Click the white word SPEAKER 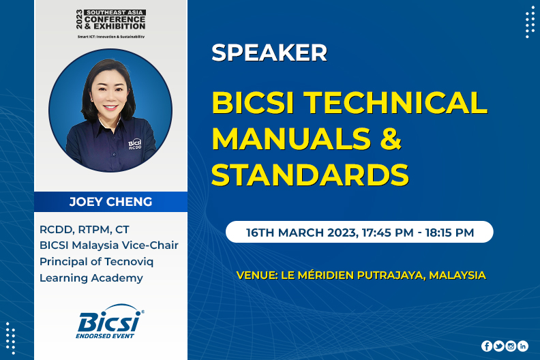pos(269,52)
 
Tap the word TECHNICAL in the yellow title pos(395,102)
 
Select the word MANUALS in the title pos(291,138)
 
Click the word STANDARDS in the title pos(310,175)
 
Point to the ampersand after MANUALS pos(391,138)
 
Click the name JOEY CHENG pos(110,202)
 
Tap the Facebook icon pos(487,346)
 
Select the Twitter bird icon pos(498,346)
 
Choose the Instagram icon pos(511,346)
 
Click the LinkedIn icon pos(523,346)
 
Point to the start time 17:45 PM pos(388,232)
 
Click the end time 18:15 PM pos(450,232)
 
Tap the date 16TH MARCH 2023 pos(301,232)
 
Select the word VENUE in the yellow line pos(257,275)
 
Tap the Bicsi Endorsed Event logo pos(110,321)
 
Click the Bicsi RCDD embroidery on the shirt pos(135,144)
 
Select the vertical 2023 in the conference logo pos(79,19)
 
